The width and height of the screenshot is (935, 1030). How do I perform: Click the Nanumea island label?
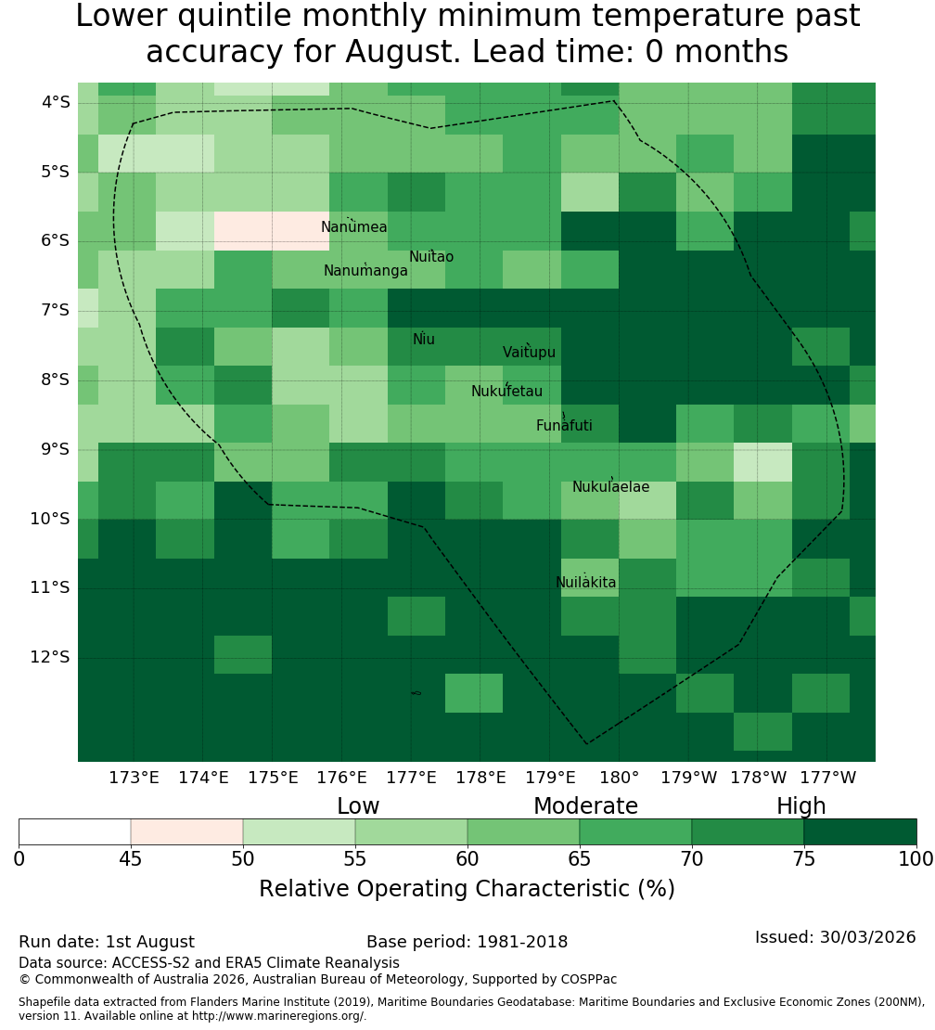pyautogui.click(x=354, y=227)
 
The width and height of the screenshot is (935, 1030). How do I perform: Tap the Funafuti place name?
pyautogui.click(x=564, y=426)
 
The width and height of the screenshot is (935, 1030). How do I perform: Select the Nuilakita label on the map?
pyautogui.click(x=585, y=583)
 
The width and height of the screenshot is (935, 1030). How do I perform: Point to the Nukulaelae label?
pyautogui.click(x=610, y=487)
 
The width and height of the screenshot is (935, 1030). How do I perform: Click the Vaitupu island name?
pyautogui.click(x=530, y=353)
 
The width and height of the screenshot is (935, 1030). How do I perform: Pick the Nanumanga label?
pyautogui.click(x=365, y=271)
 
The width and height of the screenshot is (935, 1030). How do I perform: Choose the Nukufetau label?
pyautogui.click(x=506, y=392)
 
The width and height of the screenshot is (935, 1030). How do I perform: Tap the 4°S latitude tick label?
pyautogui.click(x=55, y=102)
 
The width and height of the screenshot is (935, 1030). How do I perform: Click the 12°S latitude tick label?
pyautogui.click(x=50, y=657)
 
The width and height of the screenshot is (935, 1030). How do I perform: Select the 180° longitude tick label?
pyautogui.click(x=620, y=778)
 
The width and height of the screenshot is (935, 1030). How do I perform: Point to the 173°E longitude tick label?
pyautogui.click(x=134, y=778)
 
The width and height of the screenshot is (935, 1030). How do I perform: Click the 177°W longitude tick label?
pyautogui.click(x=828, y=778)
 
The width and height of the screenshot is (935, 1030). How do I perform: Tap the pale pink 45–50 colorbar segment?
pyautogui.click(x=187, y=831)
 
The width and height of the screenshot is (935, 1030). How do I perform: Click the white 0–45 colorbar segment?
pyautogui.click(x=75, y=831)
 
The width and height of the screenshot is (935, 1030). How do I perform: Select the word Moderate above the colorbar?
pyautogui.click(x=585, y=806)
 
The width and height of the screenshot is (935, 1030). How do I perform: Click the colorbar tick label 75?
pyautogui.click(x=803, y=859)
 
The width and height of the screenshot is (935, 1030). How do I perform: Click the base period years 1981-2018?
pyautogui.click(x=522, y=942)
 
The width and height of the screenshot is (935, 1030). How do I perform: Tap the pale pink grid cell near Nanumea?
pyautogui.click(x=272, y=230)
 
